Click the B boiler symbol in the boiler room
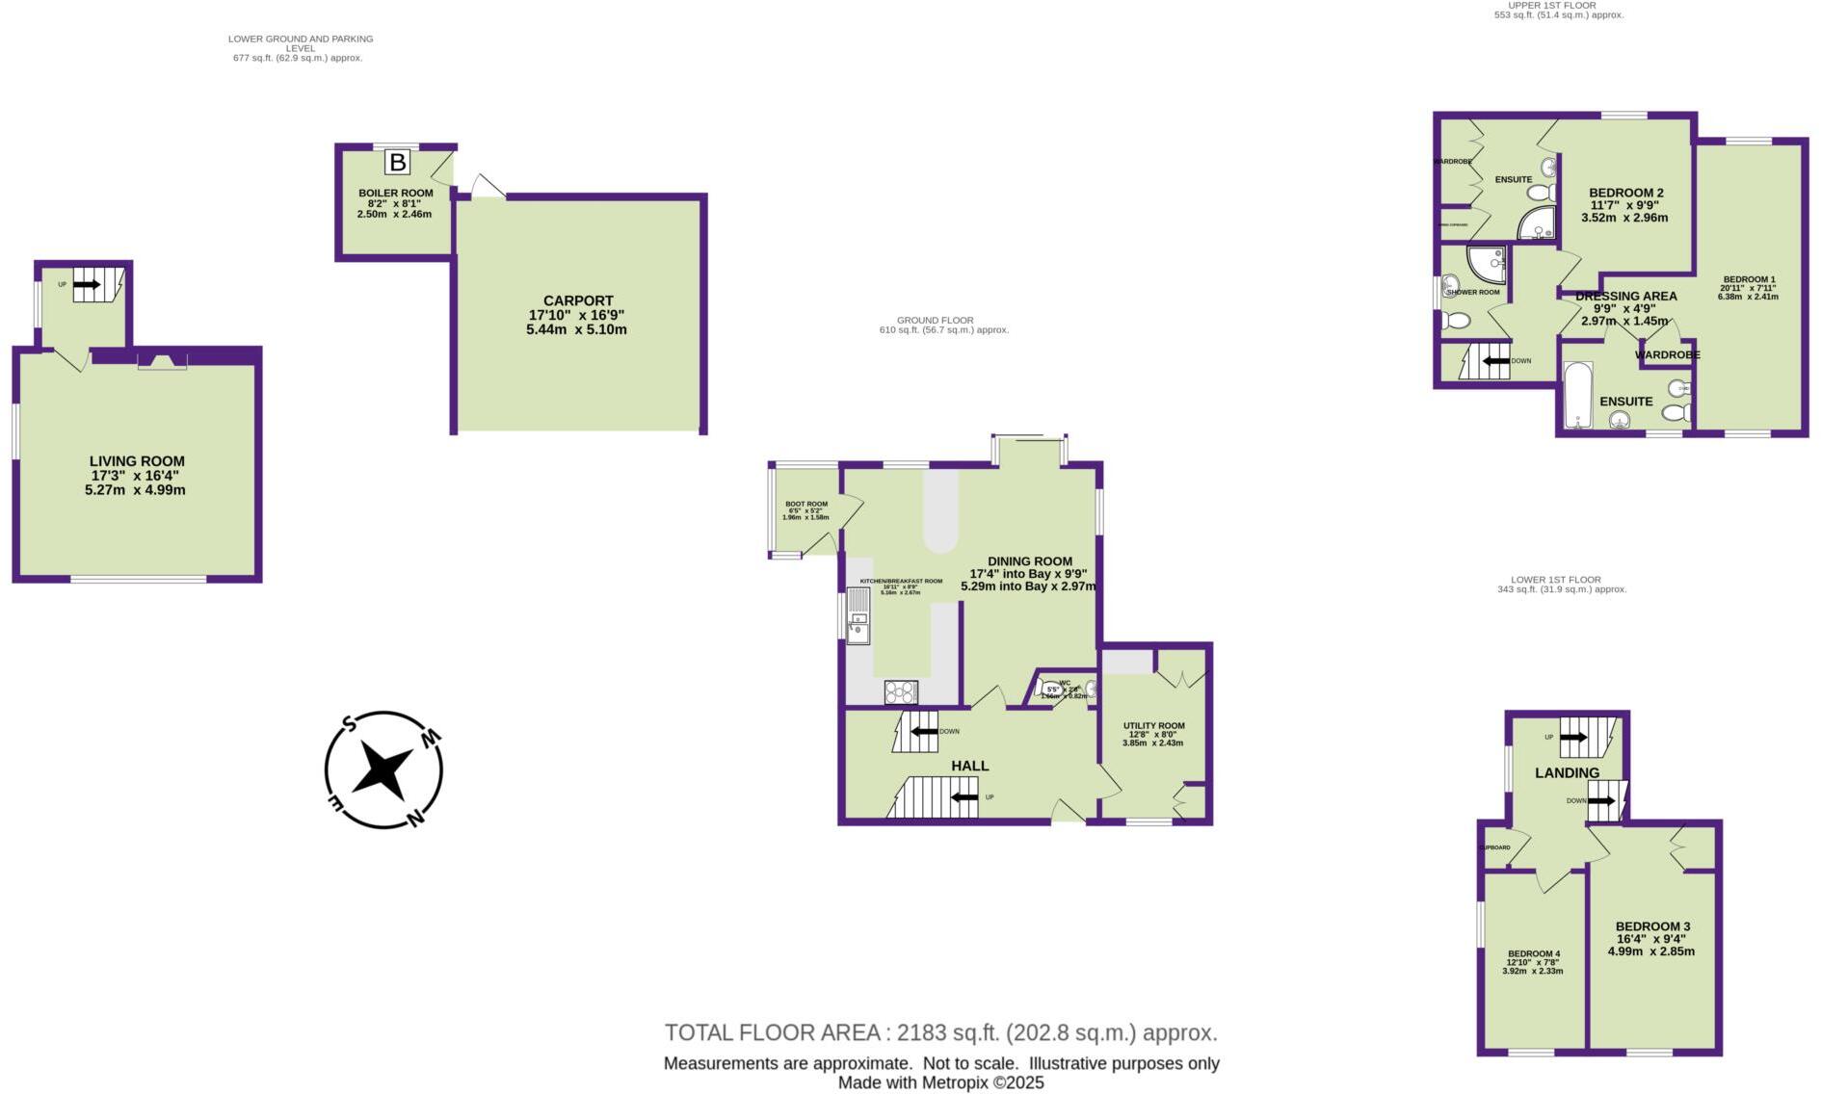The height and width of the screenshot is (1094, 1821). click(x=397, y=162)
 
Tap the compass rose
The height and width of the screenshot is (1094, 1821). click(x=383, y=770)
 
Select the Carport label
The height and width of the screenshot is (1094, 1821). click(x=577, y=300)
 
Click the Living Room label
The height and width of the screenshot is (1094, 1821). click(x=137, y=461)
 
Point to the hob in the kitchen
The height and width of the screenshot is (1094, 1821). click(x=901, y=691)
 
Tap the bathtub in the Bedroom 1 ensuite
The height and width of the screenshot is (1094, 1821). click(x=1577, y=395)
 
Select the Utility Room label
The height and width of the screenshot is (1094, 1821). click(x=1153, y=726)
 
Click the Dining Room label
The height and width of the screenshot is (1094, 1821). click(x=1029, y=561)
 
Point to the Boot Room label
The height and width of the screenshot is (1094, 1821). click(x=805, y=504)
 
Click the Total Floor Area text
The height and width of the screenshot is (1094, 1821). click(x=940, y=1032)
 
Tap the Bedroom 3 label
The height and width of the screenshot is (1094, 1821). click(x=1652, y=926)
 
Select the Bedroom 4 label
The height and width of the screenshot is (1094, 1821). click(x=1533, y=953)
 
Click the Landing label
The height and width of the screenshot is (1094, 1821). click(x=1567, y=772)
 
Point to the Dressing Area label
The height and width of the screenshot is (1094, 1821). click(x=1625, y=297)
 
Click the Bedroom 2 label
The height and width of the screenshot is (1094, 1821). click(x=1625, y=193)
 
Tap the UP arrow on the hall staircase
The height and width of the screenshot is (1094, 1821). click(x=964, y=796)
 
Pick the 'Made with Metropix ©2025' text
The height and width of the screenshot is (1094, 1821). click(x=940, y=1082)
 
